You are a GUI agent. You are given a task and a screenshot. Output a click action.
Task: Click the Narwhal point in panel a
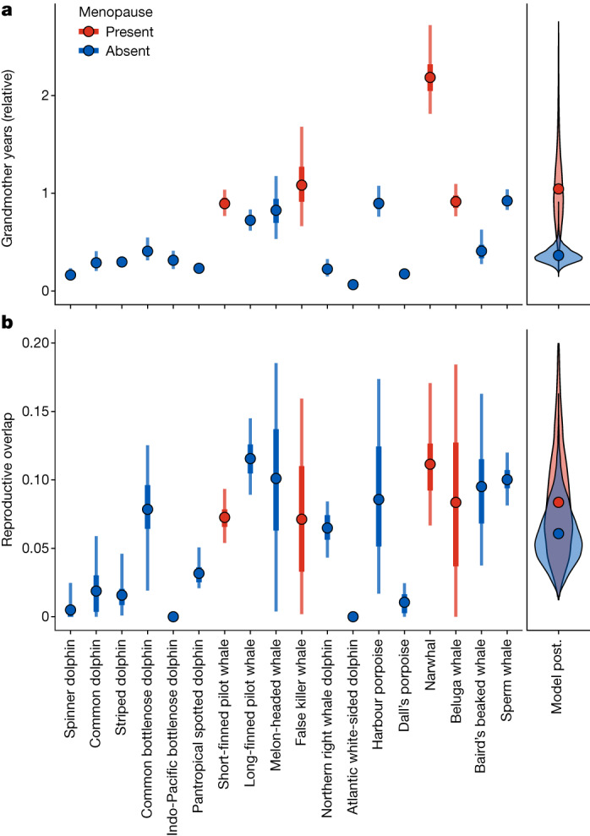pos(430,78)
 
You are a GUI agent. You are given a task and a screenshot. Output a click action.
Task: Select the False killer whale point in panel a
pos(302,185)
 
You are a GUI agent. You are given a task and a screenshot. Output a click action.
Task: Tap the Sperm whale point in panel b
pos(507,479)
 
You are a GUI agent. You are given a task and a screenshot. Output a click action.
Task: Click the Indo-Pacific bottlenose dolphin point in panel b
pos(173,617)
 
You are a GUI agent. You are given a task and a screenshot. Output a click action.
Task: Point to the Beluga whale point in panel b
pos(456,502)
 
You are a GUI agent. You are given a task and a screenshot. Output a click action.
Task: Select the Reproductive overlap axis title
pos(10,479)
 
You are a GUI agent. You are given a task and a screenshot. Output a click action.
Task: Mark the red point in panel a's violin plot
pos(558,189)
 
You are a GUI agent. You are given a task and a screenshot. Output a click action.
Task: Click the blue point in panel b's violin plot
pos(558,533)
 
